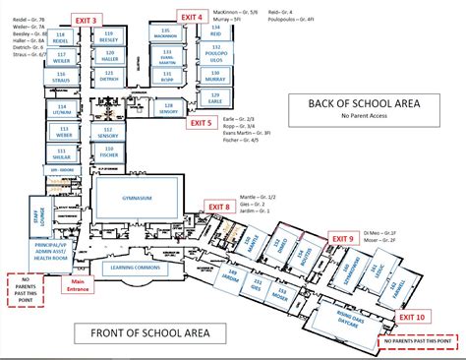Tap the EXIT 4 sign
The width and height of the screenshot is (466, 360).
192,17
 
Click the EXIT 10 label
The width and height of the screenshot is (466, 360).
412,316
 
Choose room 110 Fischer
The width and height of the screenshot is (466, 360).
108,154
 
